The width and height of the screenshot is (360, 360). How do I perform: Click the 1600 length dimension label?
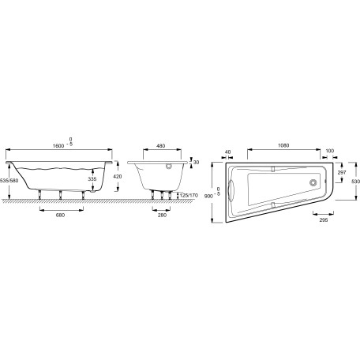click(58, 146)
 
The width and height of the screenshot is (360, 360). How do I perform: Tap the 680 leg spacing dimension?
click(60, 215)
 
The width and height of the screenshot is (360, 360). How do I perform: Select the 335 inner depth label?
click(92, 179)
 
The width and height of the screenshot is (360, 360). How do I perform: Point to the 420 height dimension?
click(117, 176)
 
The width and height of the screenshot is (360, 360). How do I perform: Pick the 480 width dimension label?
click(160, 146)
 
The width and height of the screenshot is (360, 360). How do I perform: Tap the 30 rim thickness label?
click(196, 163)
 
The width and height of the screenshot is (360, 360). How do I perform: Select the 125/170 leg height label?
click(189, 196)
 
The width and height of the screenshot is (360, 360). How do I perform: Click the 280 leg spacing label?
click(162, 215)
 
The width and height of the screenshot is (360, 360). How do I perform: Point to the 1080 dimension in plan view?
click(283, 145)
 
